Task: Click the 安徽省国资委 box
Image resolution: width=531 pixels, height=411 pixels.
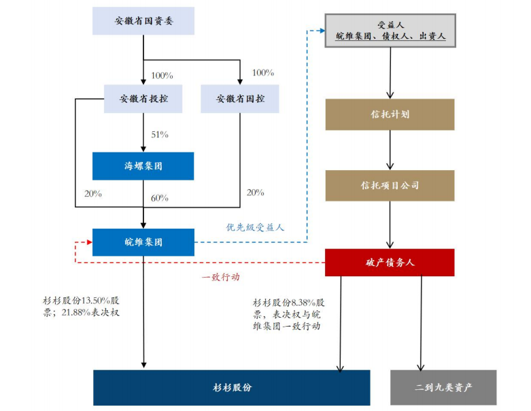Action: click(x=143, y=21)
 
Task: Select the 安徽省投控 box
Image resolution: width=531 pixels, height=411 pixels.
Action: click(x=143, y=99)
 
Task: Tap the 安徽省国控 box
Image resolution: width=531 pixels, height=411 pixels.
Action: click(x=240, y=99)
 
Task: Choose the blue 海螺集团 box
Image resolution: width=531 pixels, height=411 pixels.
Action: click(x=143, y=165)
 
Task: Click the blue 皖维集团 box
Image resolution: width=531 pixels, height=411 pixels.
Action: click(x=143, y=242)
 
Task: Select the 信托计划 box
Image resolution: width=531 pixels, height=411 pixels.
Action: click(x=390, y=114)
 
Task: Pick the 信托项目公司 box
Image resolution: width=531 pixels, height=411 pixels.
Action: click(x=390, y=185)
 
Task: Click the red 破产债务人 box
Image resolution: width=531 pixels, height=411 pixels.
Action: click(x=390, y=262)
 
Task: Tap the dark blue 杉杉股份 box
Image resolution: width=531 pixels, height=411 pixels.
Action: click(x=232, y=387)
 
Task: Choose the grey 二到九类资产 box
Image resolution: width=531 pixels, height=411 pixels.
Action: click(x=443, y=387)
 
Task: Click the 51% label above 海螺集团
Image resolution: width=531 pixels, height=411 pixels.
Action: click(x=160, y=134)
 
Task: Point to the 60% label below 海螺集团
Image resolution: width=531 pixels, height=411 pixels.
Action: click(x=160, y=198)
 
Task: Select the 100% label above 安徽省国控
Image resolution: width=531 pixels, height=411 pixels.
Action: click(x=263, y=73)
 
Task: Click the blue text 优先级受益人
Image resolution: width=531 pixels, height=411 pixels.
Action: click(x=255, y=227)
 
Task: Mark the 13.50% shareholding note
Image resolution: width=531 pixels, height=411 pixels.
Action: click(x=82, y=306)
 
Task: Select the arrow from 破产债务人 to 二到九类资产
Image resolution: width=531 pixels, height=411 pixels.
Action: click(x=422, y=323)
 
